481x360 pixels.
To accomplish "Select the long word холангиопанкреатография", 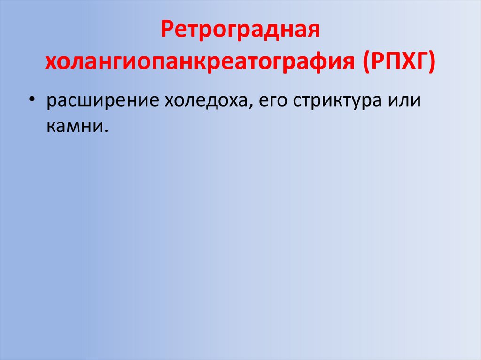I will pyautogui.click(x=199, y=62).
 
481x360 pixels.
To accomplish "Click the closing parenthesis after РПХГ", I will pyautogui.click(x=432, y=62).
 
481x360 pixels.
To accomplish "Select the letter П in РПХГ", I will pyautogui.click(x=391, y=61).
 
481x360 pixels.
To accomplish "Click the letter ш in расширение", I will pyautogui.click(x=93, y=102).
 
